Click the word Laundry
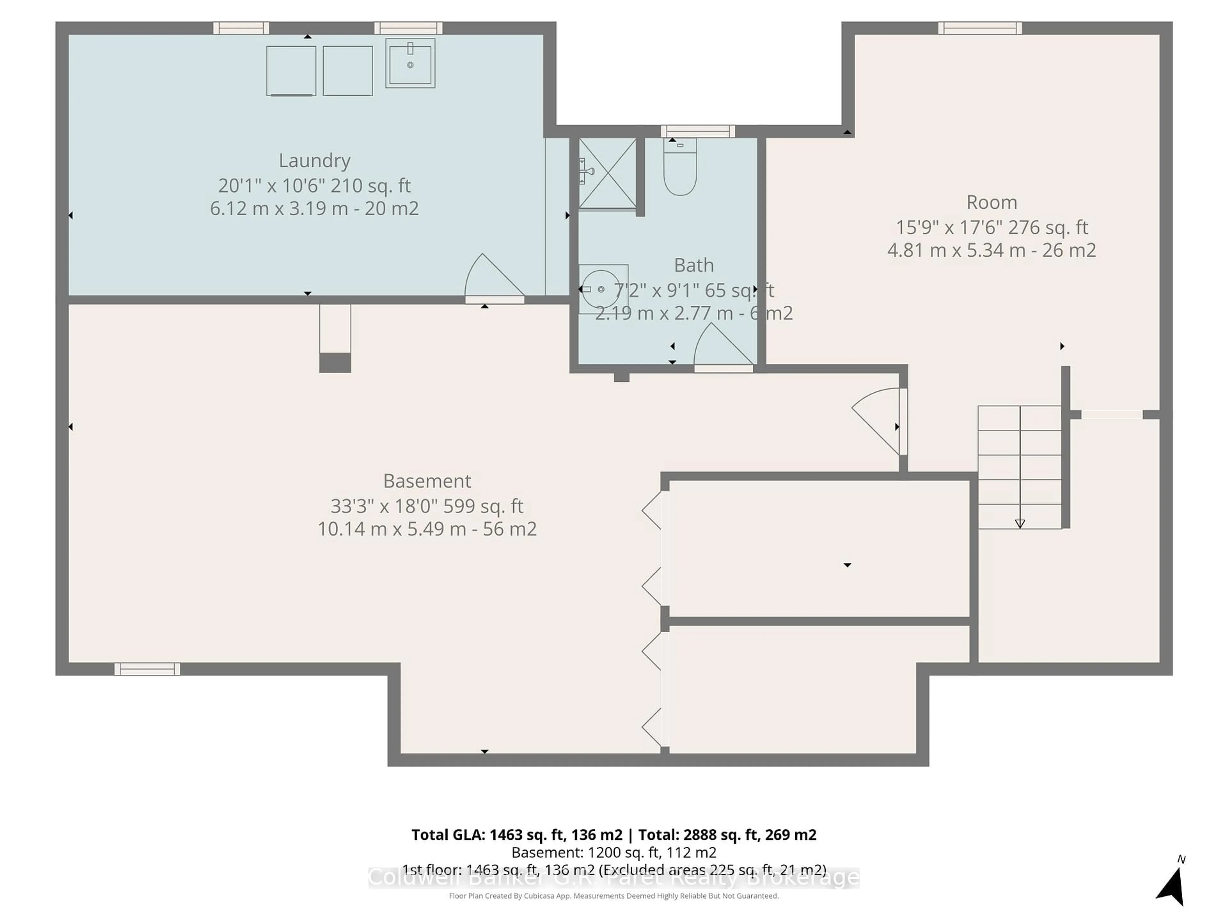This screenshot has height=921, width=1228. pyautogui.click(x=314, y=161)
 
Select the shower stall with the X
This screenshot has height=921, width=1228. pyautogui.click(x=607, y=173)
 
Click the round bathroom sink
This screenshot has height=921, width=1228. pyautogui.click(x=600, y=289)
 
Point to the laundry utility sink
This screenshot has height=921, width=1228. pyautogui.click(x=410, y=63)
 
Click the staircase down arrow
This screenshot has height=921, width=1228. pyautogui.click(x=1020, y=523)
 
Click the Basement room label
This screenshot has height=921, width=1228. pyautogui.click(x=427, y=481)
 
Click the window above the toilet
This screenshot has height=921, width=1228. pyautogui.click(x=698, y=131)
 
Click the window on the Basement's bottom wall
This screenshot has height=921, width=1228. pyautogui.click(x=147, y=669)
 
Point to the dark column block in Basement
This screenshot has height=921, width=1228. pyautogui.click(x=335, y=363)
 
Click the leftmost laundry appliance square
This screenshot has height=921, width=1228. pyautogui.click(x=291, y=70)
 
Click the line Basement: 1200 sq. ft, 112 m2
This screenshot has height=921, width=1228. pyautogui.click(x=613, y=852)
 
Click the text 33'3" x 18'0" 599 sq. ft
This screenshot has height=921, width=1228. pyautogui.click(x=427, y=506)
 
